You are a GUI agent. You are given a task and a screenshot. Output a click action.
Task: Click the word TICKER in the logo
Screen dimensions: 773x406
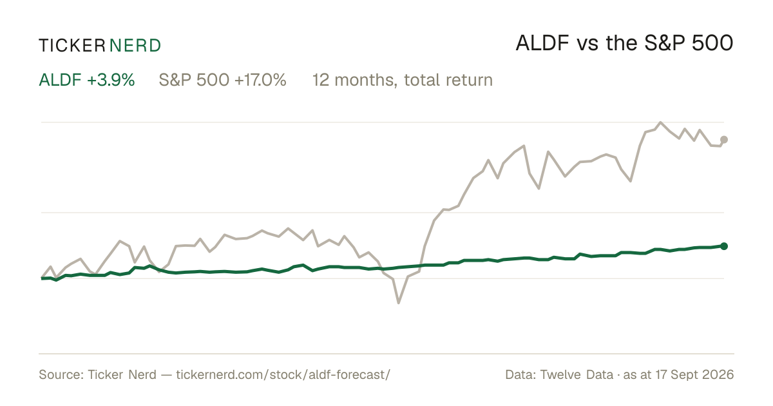point(72,46)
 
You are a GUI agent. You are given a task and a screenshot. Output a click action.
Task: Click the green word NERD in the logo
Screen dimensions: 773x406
point(135,46)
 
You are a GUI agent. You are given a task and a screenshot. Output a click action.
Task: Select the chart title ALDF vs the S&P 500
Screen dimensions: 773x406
point(624,43)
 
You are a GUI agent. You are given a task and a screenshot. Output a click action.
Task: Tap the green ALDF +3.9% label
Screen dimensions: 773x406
point(86,80)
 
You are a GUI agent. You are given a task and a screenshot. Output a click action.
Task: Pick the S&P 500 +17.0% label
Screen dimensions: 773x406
point(223,80)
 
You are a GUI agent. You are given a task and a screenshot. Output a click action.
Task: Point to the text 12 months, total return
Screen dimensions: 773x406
point(403,80)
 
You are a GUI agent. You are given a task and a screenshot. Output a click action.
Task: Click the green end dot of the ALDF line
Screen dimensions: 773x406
point(724,246)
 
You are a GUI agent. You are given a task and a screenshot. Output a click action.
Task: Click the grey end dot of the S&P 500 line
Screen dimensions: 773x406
point(724,139)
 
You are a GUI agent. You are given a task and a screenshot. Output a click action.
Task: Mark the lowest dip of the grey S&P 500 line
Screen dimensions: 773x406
point(399,303)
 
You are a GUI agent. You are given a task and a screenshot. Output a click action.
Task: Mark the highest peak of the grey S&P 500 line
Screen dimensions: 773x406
point(660,122)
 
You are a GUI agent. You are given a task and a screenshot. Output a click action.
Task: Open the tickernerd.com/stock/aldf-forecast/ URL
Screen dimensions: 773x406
point(283,374)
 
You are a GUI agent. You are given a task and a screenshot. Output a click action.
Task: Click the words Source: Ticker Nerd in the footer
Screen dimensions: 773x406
point(98,374)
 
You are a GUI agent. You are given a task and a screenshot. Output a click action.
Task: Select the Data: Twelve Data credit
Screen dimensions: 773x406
point(559,374)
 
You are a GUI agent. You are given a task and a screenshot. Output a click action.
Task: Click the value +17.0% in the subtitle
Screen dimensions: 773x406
point(260,80)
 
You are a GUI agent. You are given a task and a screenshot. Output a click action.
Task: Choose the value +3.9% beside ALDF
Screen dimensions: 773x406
point(111,80)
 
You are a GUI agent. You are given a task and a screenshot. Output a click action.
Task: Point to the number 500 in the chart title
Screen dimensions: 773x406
point(712,43)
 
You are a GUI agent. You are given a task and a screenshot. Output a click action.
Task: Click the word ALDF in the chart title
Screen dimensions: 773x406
point(542,43)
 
